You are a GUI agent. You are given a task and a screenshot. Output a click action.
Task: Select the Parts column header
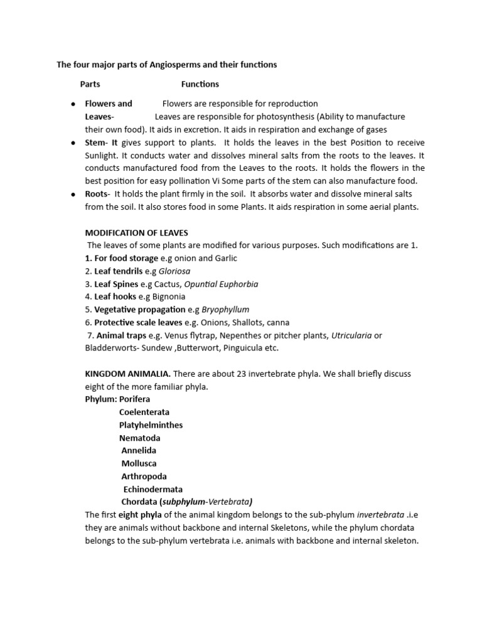(90, 84)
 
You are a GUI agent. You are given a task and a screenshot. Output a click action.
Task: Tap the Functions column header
(200, 84)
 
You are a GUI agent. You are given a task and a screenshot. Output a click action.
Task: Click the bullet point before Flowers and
(73, 104)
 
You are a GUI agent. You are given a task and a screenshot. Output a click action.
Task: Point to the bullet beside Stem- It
(73, 143)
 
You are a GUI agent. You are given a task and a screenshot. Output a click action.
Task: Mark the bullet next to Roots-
(73, 194)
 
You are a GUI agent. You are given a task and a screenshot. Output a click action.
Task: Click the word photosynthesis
(291, 117)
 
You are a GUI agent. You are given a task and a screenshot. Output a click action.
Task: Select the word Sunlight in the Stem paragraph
(102, 155)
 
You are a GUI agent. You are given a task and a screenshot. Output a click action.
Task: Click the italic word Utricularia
(352, 335)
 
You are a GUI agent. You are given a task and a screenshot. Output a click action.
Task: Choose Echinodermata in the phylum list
(153, 489)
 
